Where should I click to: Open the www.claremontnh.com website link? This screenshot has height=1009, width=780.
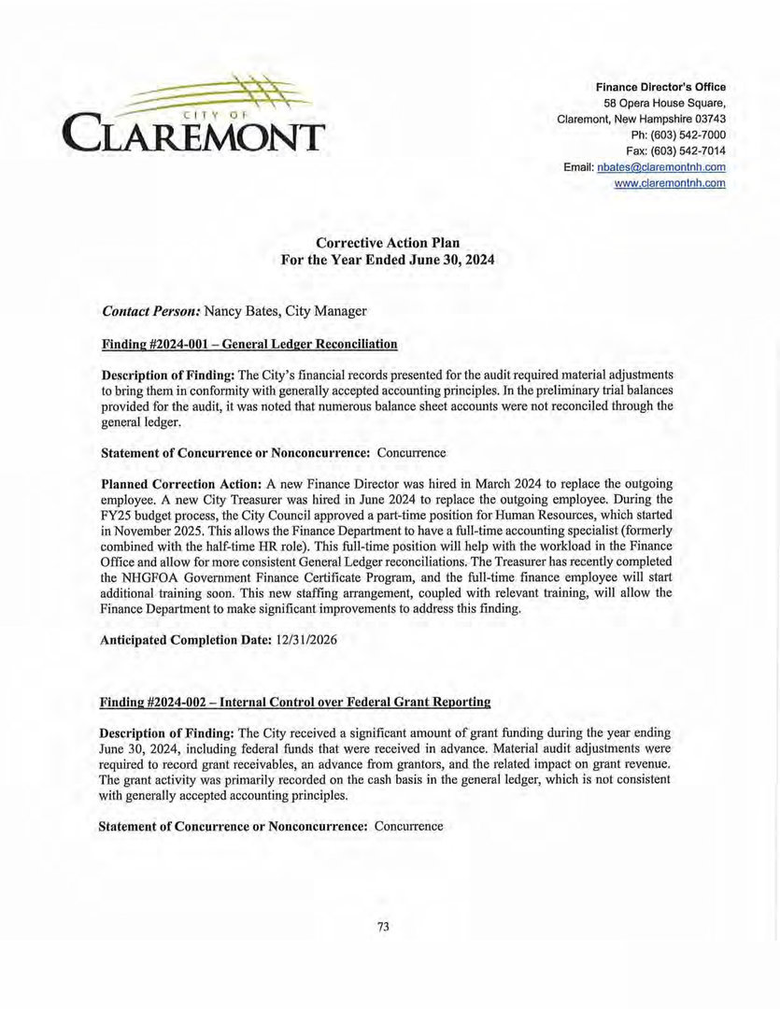coord(670,183)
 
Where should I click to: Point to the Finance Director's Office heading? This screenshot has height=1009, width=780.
coord(660,87)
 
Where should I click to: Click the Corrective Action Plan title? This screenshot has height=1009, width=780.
coord(388,243)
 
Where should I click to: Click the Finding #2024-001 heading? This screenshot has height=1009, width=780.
coord(248,344)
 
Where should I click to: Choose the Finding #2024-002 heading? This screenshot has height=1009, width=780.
coord(295,701)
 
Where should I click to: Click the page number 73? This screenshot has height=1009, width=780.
coord(383,927)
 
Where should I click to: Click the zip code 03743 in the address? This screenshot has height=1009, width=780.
coord(707,119)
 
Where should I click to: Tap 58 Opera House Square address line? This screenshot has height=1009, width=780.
coord(664,103)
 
